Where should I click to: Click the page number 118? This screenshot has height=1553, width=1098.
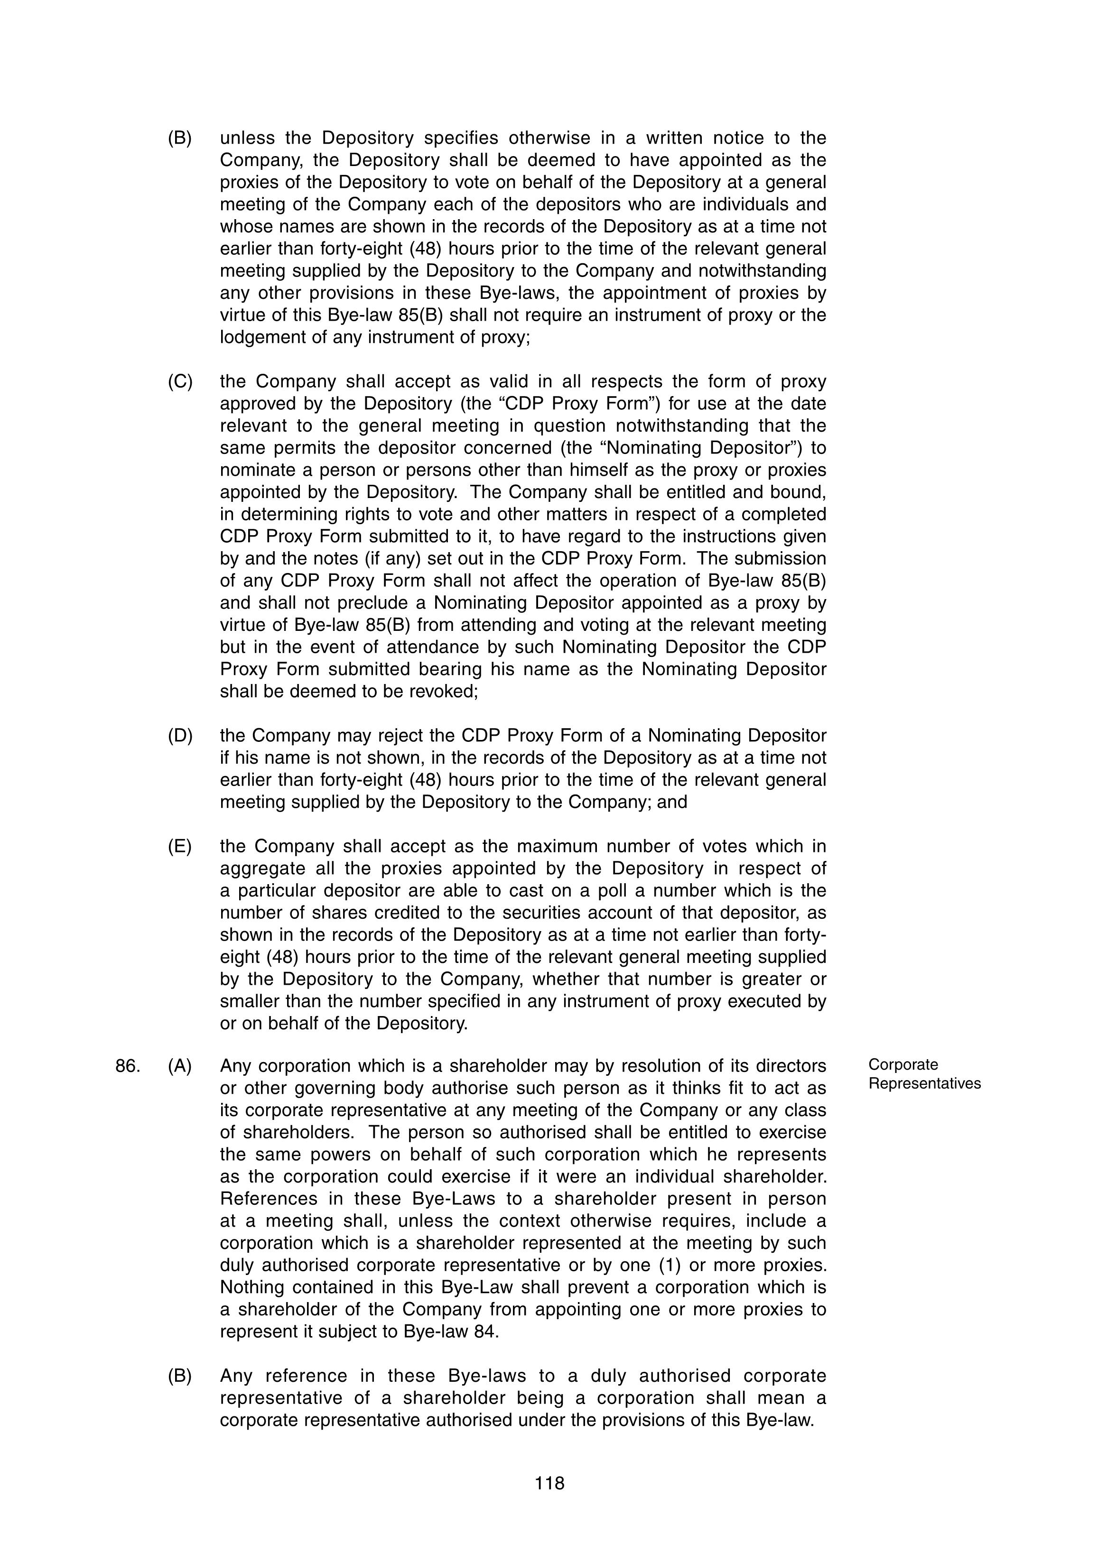click(549, 1483)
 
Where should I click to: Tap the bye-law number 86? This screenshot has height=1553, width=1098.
click(128, 1066)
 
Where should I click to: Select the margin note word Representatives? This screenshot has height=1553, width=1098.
click(924, 1083)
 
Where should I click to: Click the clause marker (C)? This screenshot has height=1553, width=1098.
click(180, 381)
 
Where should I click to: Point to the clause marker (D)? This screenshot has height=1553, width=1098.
click(180, 735)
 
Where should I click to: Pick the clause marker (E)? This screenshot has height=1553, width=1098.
click(179, 846)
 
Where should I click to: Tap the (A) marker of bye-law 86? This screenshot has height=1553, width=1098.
click(179, 1066)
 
